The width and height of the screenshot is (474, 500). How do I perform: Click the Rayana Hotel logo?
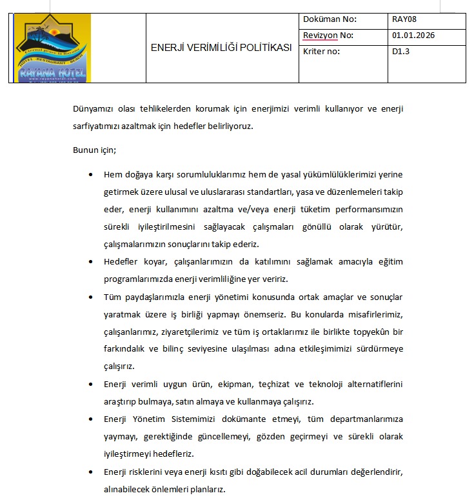[x=52, y=48]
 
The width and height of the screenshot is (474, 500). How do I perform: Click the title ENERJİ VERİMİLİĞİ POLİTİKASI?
[x=221, y=48]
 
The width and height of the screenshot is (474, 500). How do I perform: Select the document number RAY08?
[x=404, y=19]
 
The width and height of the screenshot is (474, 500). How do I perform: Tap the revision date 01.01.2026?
[x=413, y=35]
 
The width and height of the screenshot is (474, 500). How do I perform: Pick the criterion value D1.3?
[x=400, y=52]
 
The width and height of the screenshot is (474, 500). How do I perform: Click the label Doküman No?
[x=329, y=19]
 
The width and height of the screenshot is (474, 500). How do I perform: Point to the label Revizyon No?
[x=328, y=35]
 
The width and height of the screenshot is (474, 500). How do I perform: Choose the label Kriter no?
[x=321, y=52]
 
